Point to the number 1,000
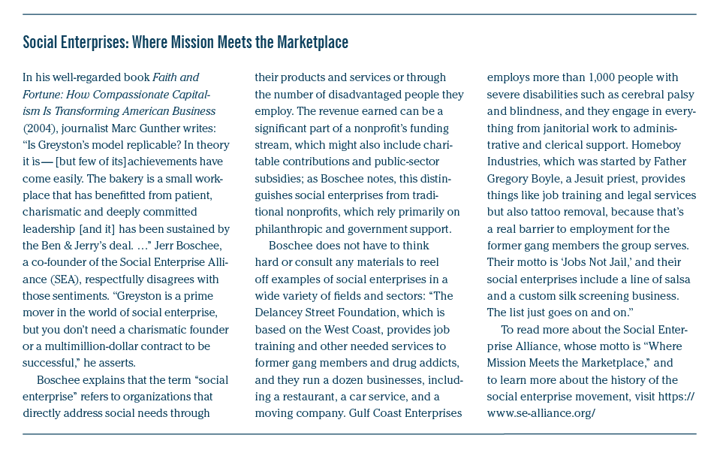tap(590, 77)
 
